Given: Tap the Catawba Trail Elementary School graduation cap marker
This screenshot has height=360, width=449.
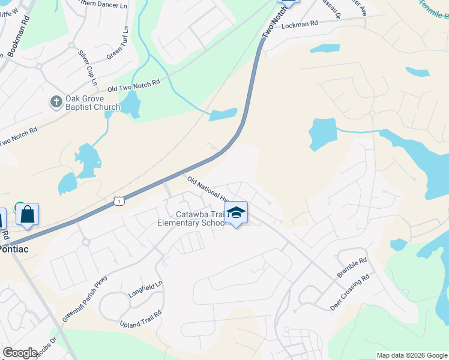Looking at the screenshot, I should click(237, 212).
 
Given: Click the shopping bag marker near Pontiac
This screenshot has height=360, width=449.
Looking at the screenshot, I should click(27, 214).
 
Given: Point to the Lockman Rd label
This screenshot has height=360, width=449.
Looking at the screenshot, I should click(299, 25).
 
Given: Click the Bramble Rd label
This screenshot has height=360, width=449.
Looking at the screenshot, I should click(352, 268).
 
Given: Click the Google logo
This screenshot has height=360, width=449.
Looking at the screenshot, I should click(20, 352).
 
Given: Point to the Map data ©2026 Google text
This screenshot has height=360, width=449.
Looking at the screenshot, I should click(411, 355).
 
